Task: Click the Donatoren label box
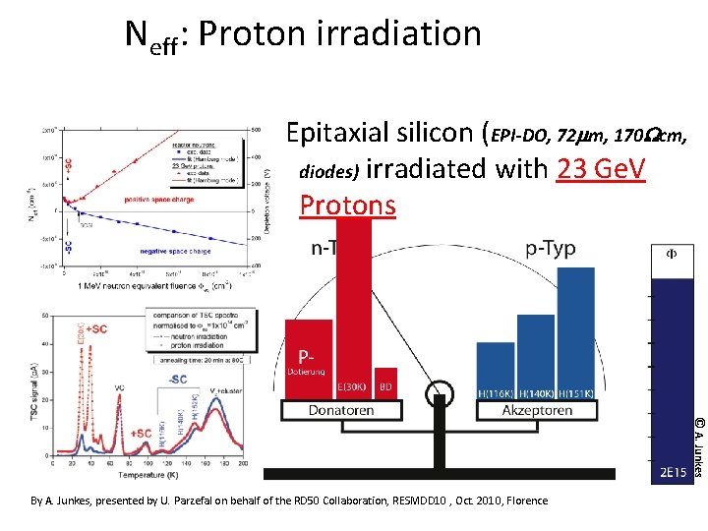[x=341, y=410]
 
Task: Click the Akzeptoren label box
[x=537, y=410]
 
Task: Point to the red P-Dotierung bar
[x=309, y=359]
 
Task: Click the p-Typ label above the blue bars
[x=551, y=249]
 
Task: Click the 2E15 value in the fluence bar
[x=673, y=473]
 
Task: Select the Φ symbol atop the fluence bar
[x=673, y=254]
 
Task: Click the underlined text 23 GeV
[x=600, y=169]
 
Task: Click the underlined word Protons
[x=347, y=205]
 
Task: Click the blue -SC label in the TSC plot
[x=180, y=380]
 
